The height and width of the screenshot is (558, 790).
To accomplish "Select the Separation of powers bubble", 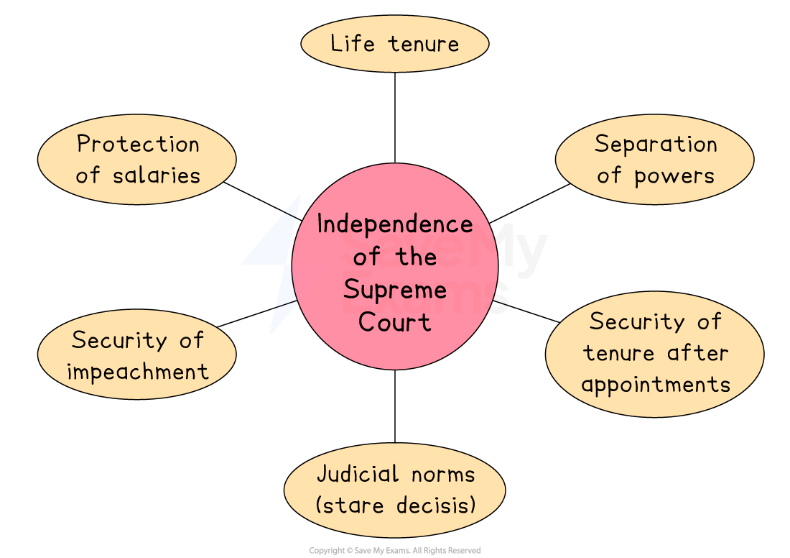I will tap(654, 160).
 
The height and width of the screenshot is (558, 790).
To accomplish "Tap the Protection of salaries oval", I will tap(136, 160).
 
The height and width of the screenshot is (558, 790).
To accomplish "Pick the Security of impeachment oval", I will tap(136, 355).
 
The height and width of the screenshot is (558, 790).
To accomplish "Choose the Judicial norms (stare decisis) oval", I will tap(394, 490).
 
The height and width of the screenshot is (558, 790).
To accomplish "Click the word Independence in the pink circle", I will tap(394, 224).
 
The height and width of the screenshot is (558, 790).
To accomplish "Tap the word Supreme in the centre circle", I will tap(394, 290).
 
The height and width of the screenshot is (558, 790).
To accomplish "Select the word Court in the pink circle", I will tap(394, 321).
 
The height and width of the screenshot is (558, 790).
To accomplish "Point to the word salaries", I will tap(157, 175).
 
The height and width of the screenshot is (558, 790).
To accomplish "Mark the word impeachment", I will tap(137, 372).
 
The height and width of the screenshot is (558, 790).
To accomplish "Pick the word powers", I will tap(674, 176).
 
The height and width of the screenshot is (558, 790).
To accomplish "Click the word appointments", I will tap(655, 384).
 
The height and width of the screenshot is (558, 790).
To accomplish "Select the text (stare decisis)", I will tap(395, 505).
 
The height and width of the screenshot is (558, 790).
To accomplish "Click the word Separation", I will tap(655, 145).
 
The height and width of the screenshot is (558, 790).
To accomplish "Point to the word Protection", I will tap(138, 145).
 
